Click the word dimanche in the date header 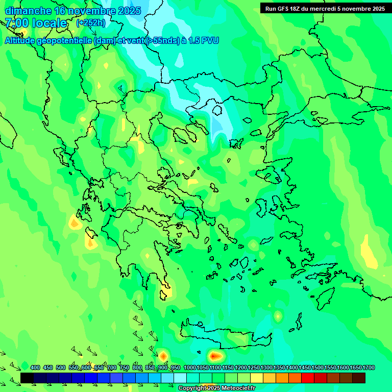[28, 11]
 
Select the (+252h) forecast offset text [91, 23]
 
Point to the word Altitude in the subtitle [23, 40]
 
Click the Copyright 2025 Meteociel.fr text [217, 388]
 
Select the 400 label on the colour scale [35, 367]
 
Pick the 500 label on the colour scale [61, 367]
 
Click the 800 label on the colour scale [137, 367]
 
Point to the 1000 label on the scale [190, 367]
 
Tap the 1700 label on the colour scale [369, 367]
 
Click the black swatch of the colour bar [27, 378]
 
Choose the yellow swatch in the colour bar [257, 378]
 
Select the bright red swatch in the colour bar [308, 378]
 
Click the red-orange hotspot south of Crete [215, 355]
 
